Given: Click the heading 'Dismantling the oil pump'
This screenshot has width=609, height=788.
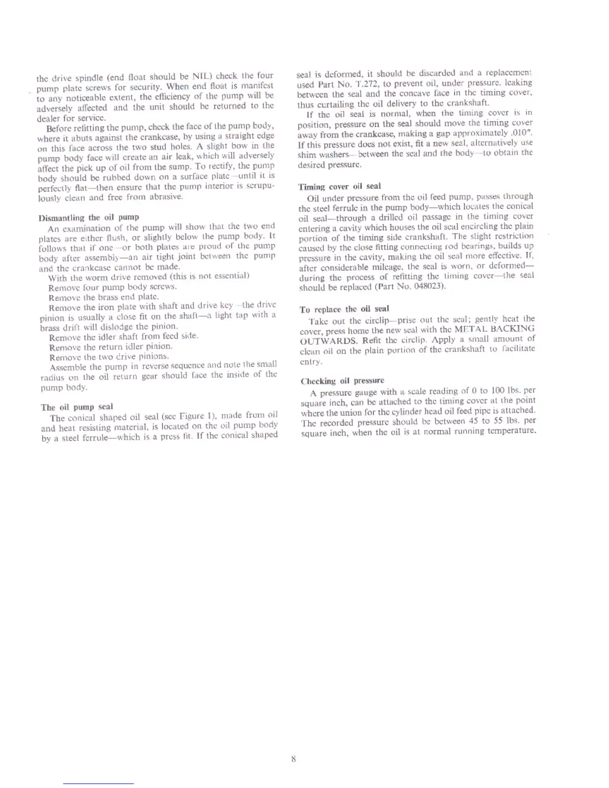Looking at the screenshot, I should [x=89, y=217].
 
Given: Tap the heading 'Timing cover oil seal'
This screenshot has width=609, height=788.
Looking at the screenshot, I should [x=339, y=187].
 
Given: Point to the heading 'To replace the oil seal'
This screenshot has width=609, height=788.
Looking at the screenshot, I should [x=344, y=309].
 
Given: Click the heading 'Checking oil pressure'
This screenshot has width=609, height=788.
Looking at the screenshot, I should [x=342, y=381].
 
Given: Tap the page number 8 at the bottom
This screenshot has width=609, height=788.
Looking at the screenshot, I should [x=294, y=759].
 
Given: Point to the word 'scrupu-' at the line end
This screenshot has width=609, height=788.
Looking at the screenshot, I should [x=261, y=187].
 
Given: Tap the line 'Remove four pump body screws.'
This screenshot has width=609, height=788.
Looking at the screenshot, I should [x=105, y=287].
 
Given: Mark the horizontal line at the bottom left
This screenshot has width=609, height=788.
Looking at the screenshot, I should [x=99, y=784].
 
